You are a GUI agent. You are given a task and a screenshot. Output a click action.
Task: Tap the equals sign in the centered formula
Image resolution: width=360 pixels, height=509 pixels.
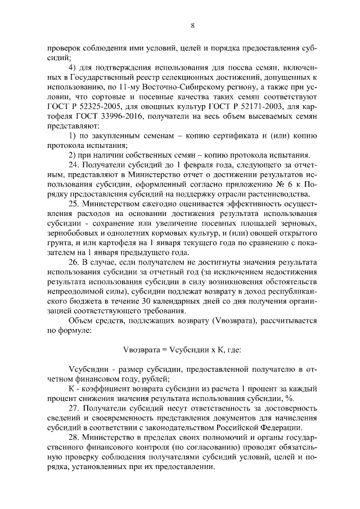164,349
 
